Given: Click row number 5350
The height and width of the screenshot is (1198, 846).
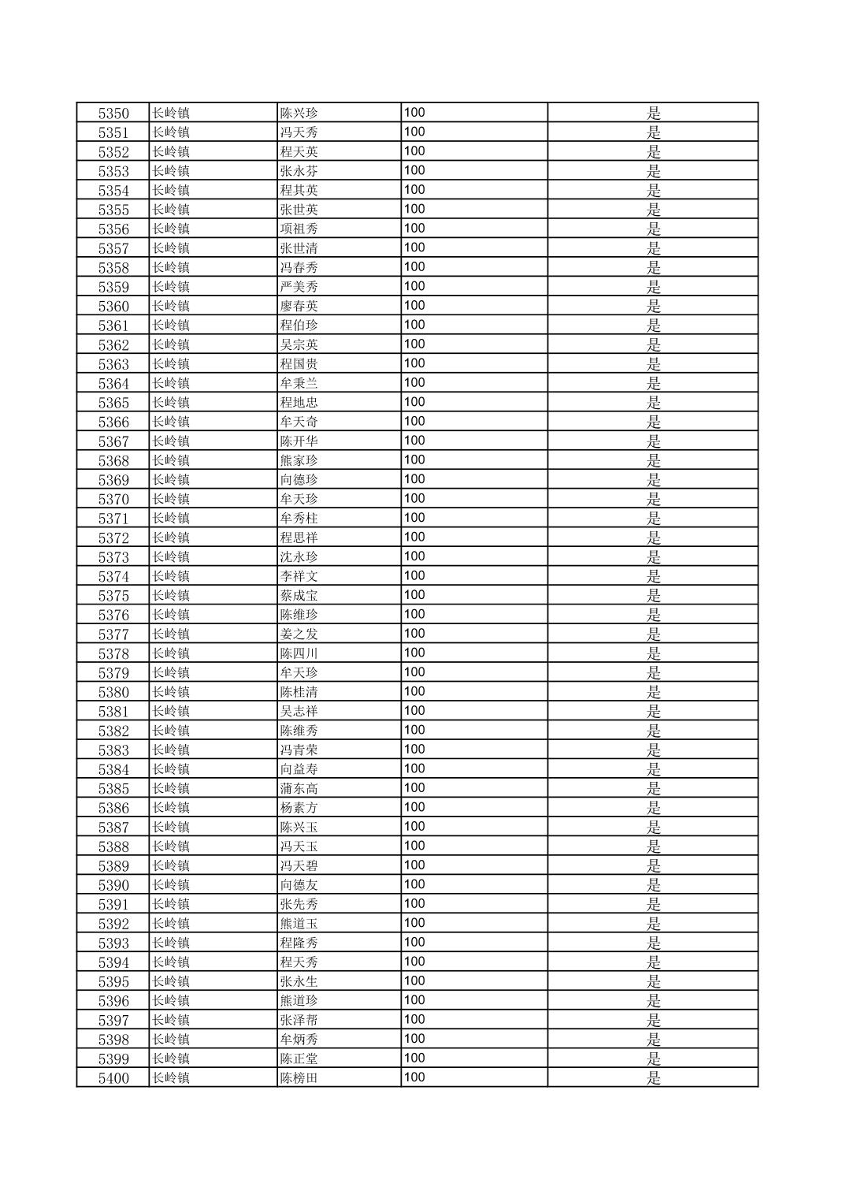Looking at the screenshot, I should (x=113, y=113).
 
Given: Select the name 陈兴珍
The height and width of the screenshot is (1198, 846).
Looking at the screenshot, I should (x=299, y=113).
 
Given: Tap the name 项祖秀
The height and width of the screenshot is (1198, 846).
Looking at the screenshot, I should (x=299, y=229).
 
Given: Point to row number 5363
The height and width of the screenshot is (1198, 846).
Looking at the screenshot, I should (x=113, y=364).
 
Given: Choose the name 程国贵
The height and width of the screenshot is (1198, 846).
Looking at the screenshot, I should (x=299, y=364).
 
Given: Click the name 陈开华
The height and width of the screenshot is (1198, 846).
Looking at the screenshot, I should (x=299, y=441).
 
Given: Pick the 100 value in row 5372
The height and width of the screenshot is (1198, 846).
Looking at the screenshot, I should (x=414, y=538).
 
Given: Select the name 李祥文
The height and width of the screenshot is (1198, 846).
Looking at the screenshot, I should (x=299, y=576).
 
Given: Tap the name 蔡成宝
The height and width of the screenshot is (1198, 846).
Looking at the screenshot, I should (x=299, y=596).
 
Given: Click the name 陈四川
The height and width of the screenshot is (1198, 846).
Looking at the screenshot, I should (x=299, y=653).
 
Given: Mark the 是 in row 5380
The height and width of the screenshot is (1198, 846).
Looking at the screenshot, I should (x=654, y=692).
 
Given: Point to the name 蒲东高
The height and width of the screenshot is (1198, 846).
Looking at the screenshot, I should (x=299, y=789).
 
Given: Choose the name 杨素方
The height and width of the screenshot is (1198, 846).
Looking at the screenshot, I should (x=299, y=808).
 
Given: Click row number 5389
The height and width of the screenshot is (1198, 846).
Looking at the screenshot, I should (x=113, y=866).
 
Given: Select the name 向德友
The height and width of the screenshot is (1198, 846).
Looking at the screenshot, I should (x=299, y=885).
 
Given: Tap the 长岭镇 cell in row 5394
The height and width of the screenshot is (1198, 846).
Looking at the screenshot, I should (x=171, y=962).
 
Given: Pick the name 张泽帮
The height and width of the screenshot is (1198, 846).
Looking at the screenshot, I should (x=299, y=1021).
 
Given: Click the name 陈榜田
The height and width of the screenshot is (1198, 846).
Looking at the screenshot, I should (x=299, y=1078).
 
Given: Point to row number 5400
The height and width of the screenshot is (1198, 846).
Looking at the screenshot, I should (x=113, y=1078).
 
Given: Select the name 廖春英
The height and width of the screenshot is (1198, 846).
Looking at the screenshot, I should (x=299, y=307).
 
